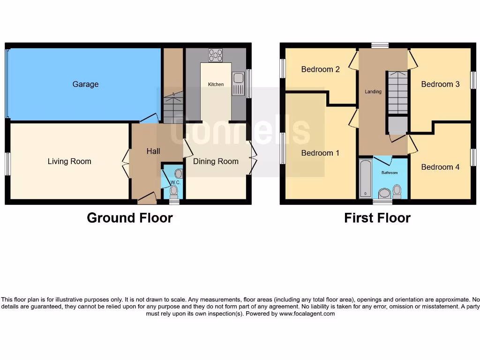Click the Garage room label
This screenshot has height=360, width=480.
pyautogui.click(x=85, y=84)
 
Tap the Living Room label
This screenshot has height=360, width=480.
pyautogui.click(x=69, y=161)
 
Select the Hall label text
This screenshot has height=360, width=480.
pyautogui.click(x=153, y=151)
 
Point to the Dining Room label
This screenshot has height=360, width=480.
pyautogui.click(x=216, y=161)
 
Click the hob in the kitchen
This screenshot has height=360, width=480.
pyautogui.click(x=216, y=55)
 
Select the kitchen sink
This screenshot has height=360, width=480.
pyautogui.click(x=238, y=83)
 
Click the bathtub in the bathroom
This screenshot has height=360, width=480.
pyautogui.click(x=365, y=178)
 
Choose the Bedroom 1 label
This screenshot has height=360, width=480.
pyautogui.click(x=320, y=153)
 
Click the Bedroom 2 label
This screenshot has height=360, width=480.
pyautogui.click(x=320, y=69)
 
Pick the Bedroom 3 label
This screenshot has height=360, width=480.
pyautogui.click(x=440, y=84)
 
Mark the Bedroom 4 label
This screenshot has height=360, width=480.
pyautogui.click(x=440, y=167)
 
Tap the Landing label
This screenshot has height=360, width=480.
pyautogui.click(x=373, y=91)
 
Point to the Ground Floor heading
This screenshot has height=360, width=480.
pyautogui.click(x=130, y=218)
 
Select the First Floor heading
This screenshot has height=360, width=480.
pyautogui.click(x=377, y=218)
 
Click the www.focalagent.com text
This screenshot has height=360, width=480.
pyautogui.click(x=307, y=314)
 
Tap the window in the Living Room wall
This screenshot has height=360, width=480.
pyautogui.click(x=7, y=164)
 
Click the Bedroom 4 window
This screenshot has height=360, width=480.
pyautogui.click(x=473, y=157)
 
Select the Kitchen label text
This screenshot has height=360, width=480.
pyautogui.click(x=216, y=84)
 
